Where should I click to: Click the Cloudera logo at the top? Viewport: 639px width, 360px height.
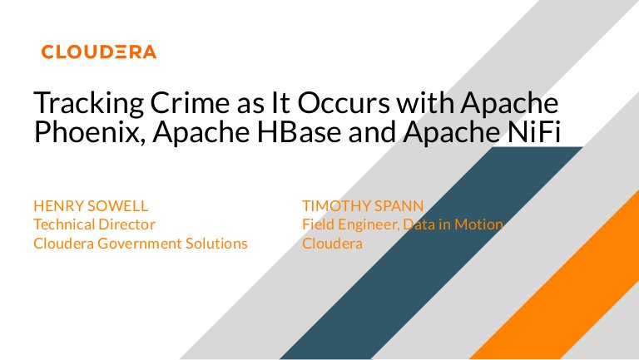[x=98, y=52]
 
